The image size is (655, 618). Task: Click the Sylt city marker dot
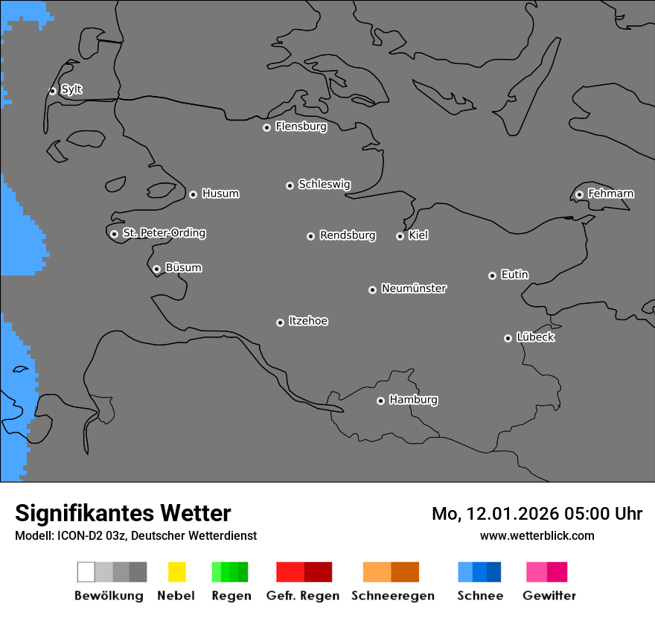(52, 91)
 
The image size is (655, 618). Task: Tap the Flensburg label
(301, 127)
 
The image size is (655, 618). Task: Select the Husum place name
(220, 194)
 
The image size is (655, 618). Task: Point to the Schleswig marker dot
(290, 185)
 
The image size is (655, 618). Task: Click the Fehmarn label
(610, 194)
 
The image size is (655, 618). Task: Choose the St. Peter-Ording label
(164, 233)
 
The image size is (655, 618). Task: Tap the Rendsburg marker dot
(310, 236)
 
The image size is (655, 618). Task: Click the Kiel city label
(418, 235)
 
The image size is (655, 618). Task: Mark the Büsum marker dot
(156, 269)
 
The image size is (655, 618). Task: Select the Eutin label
(514, 275)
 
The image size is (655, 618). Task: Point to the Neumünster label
(414, 288)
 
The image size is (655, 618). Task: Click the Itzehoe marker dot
(280, 322)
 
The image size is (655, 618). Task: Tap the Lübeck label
(535, 337)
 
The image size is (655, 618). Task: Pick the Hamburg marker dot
(380, 401)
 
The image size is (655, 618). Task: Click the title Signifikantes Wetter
(123, 513)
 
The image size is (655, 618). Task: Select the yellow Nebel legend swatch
(176, 572)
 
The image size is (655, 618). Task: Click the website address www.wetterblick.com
(537, 535)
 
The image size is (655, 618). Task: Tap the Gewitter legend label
(549, 596)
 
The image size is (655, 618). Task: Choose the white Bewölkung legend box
(86, 572)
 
